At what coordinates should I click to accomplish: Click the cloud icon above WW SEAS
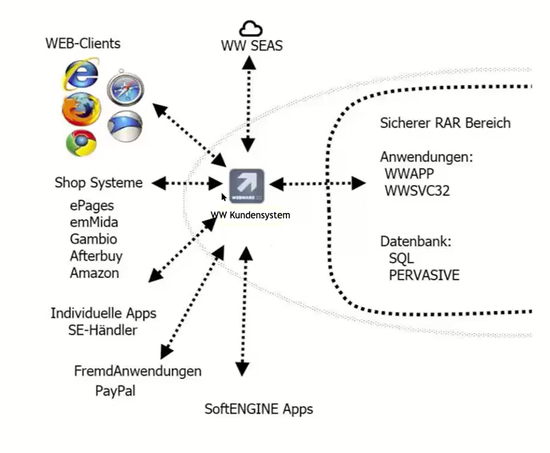(251, 28)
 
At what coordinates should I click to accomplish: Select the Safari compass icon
(124, 87)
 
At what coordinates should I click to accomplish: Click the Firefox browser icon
(80, 109)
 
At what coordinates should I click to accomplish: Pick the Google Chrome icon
(81, 142)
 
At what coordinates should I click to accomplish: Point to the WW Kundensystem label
(251, 215)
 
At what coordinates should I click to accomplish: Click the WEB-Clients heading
(83, 43)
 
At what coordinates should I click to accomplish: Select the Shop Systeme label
(98, 182)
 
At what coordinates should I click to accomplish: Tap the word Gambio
(94, 239)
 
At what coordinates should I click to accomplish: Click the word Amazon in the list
(94, 273)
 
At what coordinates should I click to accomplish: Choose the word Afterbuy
(96, 256)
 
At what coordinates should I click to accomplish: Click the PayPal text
(115, 391)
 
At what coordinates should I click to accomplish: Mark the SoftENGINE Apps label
(259, 409)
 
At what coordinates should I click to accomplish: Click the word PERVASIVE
(424, 275)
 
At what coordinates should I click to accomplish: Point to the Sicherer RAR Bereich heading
(445, 123)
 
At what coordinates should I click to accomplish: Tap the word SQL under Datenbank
(401, 258)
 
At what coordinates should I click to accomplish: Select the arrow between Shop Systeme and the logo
(187, 183)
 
